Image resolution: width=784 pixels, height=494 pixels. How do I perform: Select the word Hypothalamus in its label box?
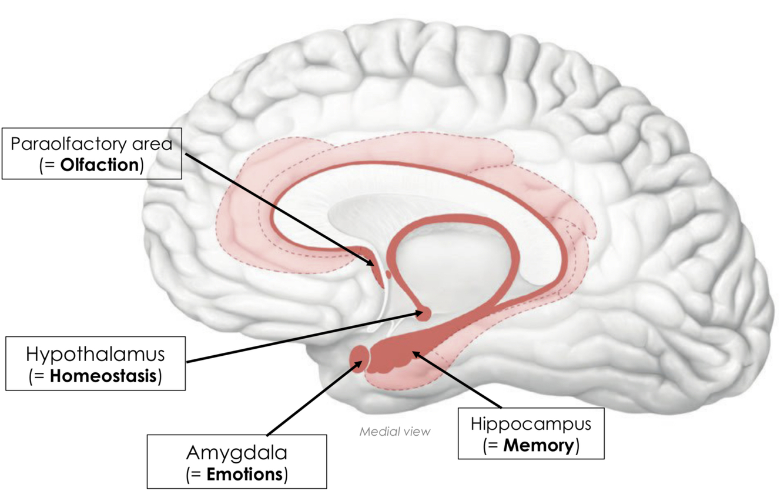click(95, 355)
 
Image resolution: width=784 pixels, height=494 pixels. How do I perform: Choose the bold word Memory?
click(537, 445)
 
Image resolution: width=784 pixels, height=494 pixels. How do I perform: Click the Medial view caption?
click(395, 431)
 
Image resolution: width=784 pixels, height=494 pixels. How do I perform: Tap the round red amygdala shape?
click(359, 356)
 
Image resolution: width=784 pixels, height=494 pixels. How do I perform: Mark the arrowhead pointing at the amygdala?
click(357, 365)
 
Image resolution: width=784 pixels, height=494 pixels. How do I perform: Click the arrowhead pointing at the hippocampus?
click(416, 354)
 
